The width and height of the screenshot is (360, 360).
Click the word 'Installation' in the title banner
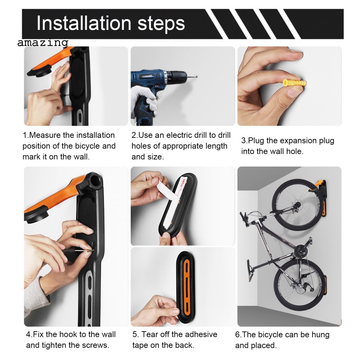84,23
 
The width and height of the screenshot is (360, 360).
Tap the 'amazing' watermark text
43,43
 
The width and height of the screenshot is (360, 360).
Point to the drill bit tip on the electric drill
197,77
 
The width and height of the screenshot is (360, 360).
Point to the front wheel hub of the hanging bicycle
297,204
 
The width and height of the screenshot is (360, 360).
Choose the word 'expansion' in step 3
292,141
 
